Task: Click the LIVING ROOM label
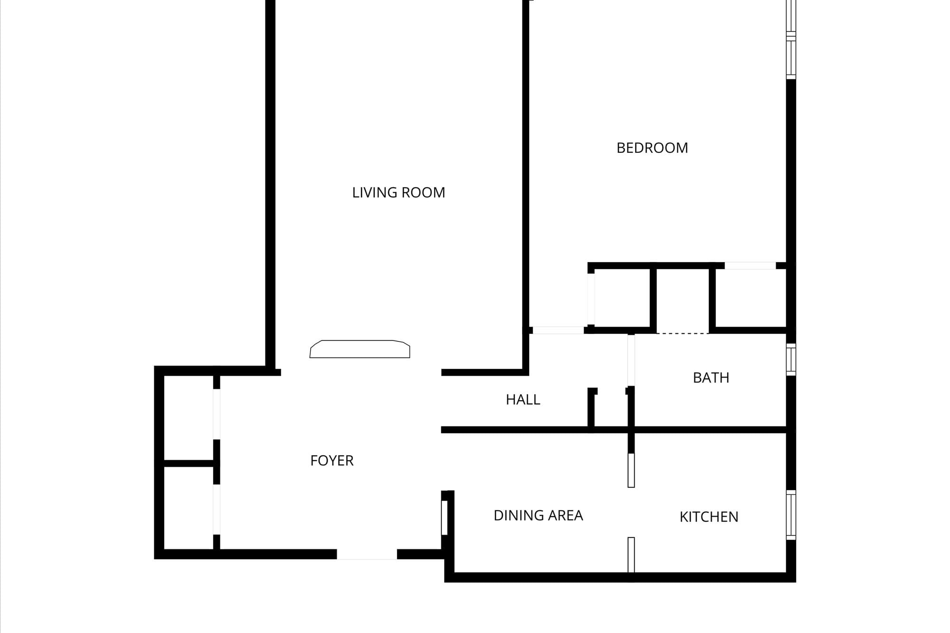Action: (x=399, y=192)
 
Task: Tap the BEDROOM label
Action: (x=652, y=148)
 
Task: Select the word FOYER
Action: (x=332, y=461)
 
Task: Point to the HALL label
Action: (x=523, y=400)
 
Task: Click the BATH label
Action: (x=711, y=378)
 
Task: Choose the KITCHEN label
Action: (x=709, y=517)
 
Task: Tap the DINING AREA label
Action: (x=538, y=516)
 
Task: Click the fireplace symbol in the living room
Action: (x=360, y=349)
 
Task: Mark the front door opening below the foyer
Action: (x=367, y=554)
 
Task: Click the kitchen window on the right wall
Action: (x=791, y=515)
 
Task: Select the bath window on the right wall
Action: (x=791, y=359)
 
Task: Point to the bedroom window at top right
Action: (x=791, y=39)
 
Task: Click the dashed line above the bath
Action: (x=683, y=333)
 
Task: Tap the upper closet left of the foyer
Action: (x=189, y=418)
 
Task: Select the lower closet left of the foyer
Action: (x=189, y=508)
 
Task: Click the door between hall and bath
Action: (x=631, y=360)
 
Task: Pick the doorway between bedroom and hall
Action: (x=558, y=330)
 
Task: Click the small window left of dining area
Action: (x=445, y=518)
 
